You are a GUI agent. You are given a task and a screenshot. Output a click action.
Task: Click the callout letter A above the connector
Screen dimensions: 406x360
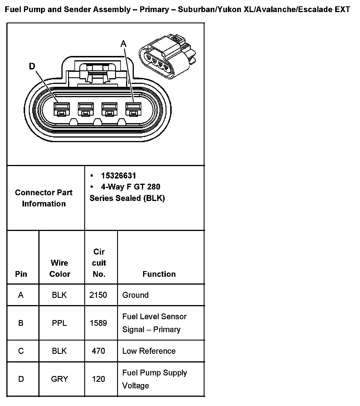click(123, 44)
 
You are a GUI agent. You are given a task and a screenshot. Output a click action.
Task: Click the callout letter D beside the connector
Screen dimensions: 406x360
click(32, 67)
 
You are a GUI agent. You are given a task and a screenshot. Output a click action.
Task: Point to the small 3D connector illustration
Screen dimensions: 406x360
click(167, 57)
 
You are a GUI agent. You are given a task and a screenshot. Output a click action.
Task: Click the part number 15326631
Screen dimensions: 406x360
click(119, 176)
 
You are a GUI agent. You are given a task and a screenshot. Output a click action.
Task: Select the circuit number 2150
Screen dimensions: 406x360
click(98, 295)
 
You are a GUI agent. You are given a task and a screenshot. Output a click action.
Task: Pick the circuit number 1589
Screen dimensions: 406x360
click(98, 323)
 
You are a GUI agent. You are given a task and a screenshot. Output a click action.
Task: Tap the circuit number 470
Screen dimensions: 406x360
click(98, 351)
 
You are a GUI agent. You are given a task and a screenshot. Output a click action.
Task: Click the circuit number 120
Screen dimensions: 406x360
click(98, 379)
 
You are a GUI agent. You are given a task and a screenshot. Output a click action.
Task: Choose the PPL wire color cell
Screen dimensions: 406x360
click(59, 323)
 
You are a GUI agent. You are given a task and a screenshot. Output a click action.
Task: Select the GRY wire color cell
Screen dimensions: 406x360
click(59, 379)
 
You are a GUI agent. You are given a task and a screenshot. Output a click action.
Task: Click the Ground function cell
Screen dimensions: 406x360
click(135, 295)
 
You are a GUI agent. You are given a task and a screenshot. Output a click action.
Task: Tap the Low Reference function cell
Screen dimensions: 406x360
click(149, 351)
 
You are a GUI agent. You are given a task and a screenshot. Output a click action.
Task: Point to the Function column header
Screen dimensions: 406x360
click(159, 274)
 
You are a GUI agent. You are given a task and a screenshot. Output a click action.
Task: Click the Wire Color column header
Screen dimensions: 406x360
click(59, 268)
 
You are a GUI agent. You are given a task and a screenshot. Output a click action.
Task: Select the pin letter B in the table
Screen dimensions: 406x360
click(21, 323)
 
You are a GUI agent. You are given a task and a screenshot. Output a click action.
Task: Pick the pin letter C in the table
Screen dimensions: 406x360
click(21, 351)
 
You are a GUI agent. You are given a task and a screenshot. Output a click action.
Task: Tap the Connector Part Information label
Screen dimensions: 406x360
click(44, 198)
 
